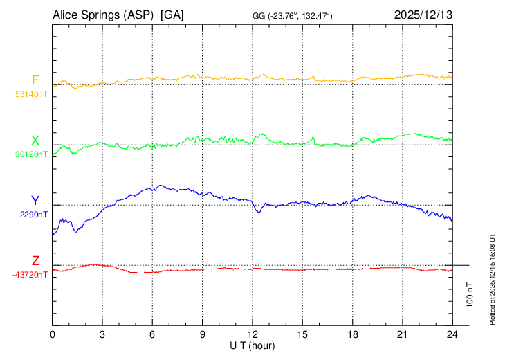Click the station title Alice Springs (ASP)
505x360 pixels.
coord(104,15)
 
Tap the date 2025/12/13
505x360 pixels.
coord(423,15)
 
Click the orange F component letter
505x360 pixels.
coord(35,80)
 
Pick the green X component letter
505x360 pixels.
coord(35,141)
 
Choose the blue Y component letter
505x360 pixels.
coord(35,201)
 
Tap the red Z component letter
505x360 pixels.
coord(35,261)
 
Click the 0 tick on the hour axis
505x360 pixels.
coord(53,334)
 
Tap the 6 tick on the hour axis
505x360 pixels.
coord(152,334)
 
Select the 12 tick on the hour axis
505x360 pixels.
coord(252,334)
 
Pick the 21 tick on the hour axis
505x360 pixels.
coord(403,334)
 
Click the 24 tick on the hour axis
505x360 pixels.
coord(452,334)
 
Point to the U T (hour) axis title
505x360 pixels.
coord(252,345)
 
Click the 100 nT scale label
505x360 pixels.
coord(470,295)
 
